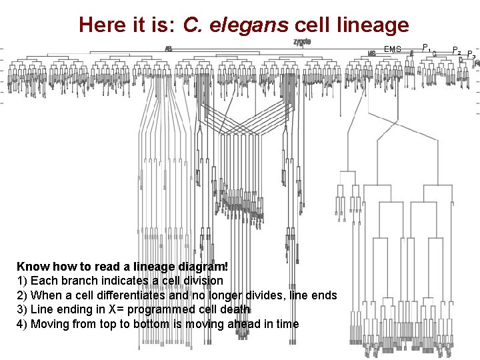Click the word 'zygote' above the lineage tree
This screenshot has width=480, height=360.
[302, 42]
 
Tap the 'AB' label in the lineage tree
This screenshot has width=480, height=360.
[169, 48]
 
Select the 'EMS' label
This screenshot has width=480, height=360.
[393, 49]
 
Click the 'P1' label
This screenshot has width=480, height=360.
[427, 47]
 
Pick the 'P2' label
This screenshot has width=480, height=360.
[457, 50]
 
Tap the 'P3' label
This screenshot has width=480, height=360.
[471, 54]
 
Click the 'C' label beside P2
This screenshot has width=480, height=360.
[435, 54]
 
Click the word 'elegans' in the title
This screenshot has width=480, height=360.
[248, 25]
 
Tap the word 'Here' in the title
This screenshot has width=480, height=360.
[101, 25]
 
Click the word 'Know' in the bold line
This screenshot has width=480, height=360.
[31, 266]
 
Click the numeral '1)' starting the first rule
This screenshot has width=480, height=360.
[21, 281]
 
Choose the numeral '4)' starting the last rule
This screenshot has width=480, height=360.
[21, 325]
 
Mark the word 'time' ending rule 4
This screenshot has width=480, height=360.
[286, 325]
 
